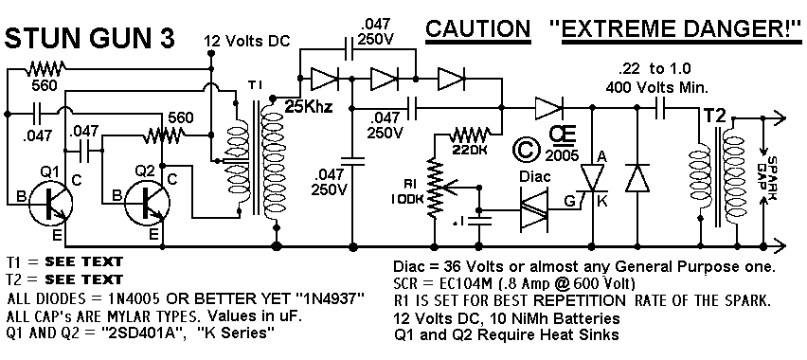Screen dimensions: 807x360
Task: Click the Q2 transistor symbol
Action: pos(146,203)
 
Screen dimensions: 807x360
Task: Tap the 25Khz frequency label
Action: pos(308,108)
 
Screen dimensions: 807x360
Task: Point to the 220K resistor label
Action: pos(470,150)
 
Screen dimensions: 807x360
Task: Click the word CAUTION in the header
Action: pos(477,28)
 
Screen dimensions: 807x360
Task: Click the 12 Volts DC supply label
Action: pos(247,40)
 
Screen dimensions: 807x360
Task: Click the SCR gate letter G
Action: pos(570,201)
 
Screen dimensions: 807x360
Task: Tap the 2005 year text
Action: pos(564,154)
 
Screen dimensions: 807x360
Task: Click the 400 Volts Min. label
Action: pos(656,88)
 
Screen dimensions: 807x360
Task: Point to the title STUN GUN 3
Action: pos(90,38)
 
